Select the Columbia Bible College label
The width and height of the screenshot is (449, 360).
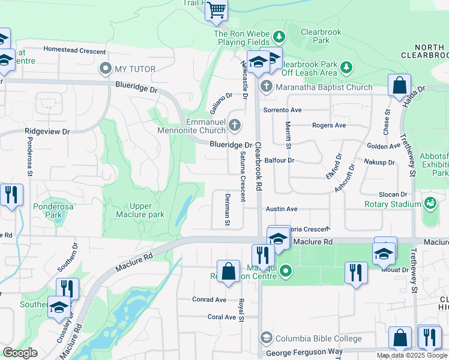pyautogui.click(x=318, y=338)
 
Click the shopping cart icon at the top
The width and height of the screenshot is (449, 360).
pyautogui.click(x=216, y=10)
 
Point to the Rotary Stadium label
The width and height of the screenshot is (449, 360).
pyautogui.click(x=393, y=204)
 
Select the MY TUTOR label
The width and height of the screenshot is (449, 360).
pyautogui.click(x=135, y=70)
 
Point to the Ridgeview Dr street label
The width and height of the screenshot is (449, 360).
pyautogui.click(x=47, y=131)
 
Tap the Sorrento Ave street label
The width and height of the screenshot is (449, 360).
pyautogui.click(x=282, y=110)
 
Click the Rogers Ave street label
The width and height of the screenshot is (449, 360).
pyautogui.click(x=329, y=125)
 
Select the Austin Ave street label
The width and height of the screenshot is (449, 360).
pyautogui.click(x=282, y=209)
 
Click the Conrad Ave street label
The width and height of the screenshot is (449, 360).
pyautogui.click(x=209, y=299)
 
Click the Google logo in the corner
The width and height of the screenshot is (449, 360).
pyautogui.click(x=20, y=353)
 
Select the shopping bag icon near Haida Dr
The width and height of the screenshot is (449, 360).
pyautogui.click(x=399, y=85)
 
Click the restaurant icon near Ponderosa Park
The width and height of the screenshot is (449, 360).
pyautogui.click(x=11, y=195)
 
